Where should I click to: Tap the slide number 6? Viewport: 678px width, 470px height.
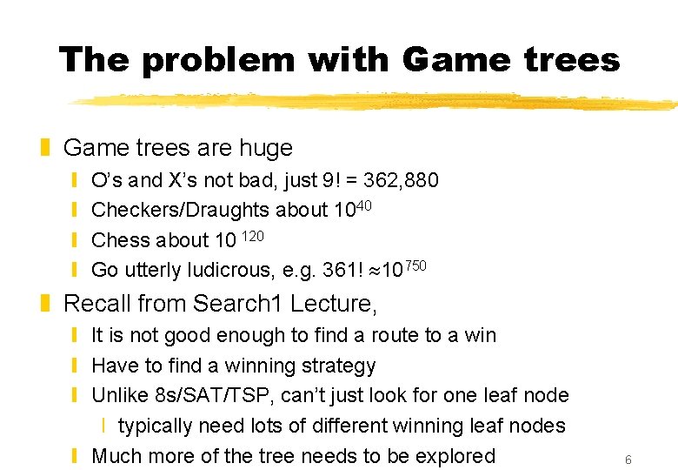tap(628, 460)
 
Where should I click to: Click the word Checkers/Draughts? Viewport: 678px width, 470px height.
tap(180, 211)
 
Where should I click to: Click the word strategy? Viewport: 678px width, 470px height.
tap(336, 366)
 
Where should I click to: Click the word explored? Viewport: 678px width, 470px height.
tap(449, 455)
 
